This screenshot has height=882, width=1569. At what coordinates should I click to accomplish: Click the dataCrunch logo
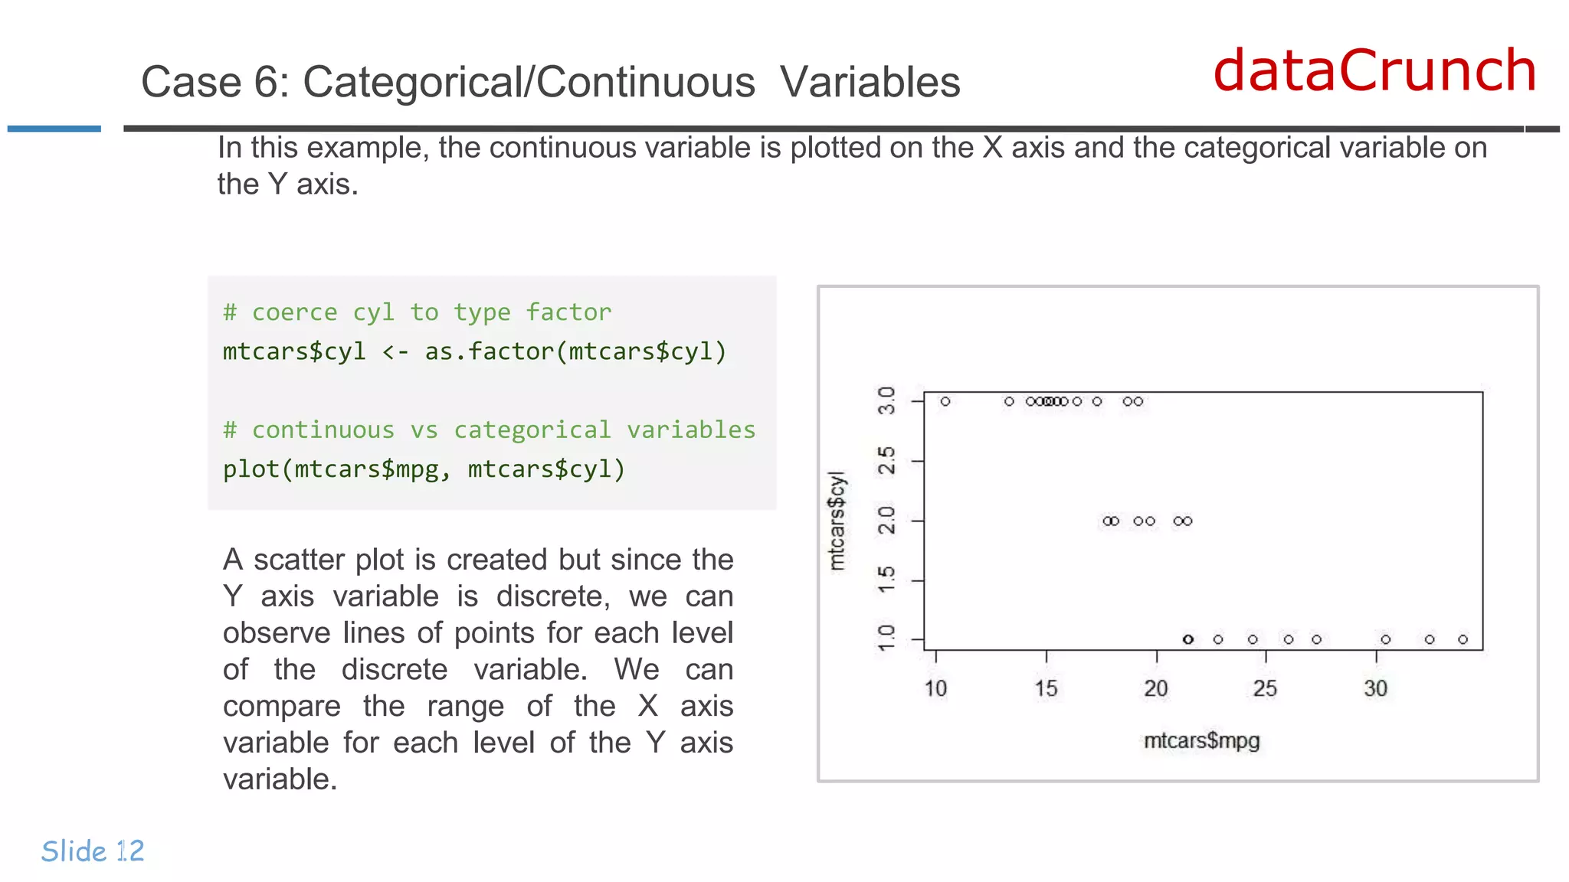[1374, 70]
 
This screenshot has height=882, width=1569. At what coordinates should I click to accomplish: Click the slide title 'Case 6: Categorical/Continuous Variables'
[550, 82]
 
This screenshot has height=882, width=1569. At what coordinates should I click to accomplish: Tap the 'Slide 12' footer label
[93, 851]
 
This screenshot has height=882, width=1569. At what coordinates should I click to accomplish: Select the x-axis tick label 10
[935, 688]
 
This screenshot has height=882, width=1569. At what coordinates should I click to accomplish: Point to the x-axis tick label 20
[1156, 688]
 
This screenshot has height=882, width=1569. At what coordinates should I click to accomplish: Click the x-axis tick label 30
[1375, 688]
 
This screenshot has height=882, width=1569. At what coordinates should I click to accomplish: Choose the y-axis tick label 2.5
[886, 461]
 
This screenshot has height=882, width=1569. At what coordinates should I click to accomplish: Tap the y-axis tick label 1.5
[886, 580]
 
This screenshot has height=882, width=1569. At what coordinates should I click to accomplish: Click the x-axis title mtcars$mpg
[1201, 740]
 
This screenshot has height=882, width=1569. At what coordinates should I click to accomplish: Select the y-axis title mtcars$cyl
[837, 521]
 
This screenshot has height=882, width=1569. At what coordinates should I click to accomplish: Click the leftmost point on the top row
[945, 401]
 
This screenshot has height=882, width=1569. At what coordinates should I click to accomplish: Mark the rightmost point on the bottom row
[1463, 639]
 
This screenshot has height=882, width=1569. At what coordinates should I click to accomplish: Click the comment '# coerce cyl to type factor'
[417, 312]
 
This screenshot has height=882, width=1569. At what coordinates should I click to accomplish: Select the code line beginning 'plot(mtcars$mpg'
[424, 469]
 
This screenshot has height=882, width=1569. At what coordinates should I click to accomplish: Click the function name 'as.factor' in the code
[489, 351]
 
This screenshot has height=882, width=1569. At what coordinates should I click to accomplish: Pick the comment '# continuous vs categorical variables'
[489, 430]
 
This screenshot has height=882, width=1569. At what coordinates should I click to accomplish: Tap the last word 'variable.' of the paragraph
[280, 779]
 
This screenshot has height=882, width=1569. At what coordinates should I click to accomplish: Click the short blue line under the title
[54, 129]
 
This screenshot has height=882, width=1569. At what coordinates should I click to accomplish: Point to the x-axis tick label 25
[1265, 688]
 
